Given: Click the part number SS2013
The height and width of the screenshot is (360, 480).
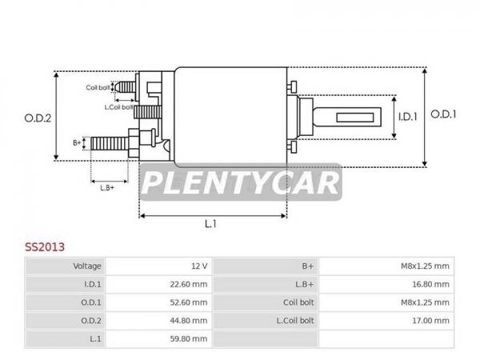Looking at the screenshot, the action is point(45,247).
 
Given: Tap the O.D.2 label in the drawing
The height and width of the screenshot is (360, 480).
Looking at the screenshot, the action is point(38,118).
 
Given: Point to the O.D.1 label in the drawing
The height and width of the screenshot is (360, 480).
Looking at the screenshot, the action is point(443,114).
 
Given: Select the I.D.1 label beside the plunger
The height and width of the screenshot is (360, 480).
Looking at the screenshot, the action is point(408,117).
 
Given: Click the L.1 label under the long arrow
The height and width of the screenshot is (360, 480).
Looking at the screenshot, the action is point(210,224).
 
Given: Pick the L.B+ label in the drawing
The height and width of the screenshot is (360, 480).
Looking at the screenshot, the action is point(107,188).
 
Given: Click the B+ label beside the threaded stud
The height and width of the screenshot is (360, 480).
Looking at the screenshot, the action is point(77,142).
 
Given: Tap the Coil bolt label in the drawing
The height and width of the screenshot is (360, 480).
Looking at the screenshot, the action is point(98,88).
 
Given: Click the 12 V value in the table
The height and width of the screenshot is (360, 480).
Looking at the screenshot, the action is point(199,266).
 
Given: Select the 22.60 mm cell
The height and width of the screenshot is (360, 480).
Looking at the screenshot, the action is point(189,284).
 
